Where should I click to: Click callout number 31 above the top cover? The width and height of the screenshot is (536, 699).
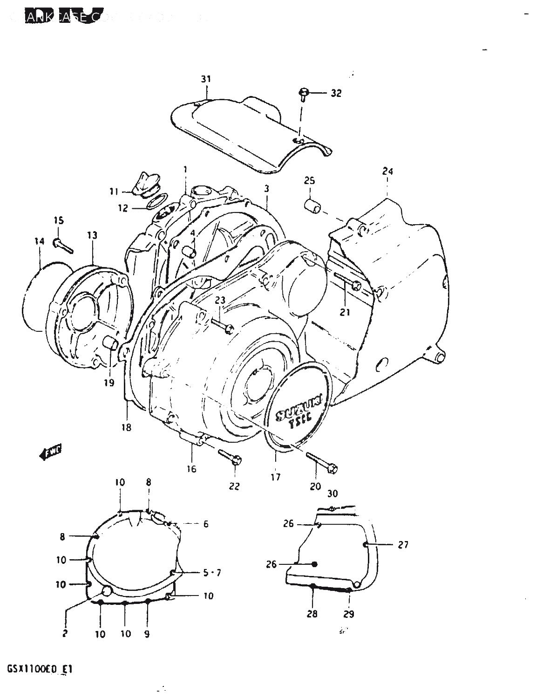tap(206, 79)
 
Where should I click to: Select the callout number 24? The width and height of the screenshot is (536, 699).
tap(387, 171)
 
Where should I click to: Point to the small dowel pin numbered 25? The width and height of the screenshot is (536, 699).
tap(312, 206)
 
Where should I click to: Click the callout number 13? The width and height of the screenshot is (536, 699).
tap(92, 235)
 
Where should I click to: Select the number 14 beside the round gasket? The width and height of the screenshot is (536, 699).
tap(39, 241)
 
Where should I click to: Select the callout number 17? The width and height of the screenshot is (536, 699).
tap(276, 477)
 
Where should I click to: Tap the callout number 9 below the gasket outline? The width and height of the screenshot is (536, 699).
tap(147, 634)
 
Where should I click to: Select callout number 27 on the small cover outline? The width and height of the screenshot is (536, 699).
tap(403, 544)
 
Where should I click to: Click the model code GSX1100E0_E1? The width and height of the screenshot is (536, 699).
tap(40, 670)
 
